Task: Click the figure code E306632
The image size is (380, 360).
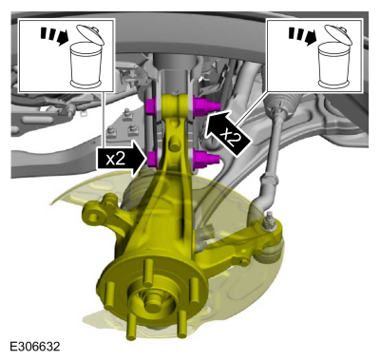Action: [35, 347]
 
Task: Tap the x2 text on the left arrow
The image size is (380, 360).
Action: [115, 160]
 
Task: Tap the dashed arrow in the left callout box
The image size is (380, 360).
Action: [55, 36]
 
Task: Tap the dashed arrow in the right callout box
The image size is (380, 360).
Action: [303, 36]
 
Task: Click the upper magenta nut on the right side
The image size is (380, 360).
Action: [206, 106]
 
